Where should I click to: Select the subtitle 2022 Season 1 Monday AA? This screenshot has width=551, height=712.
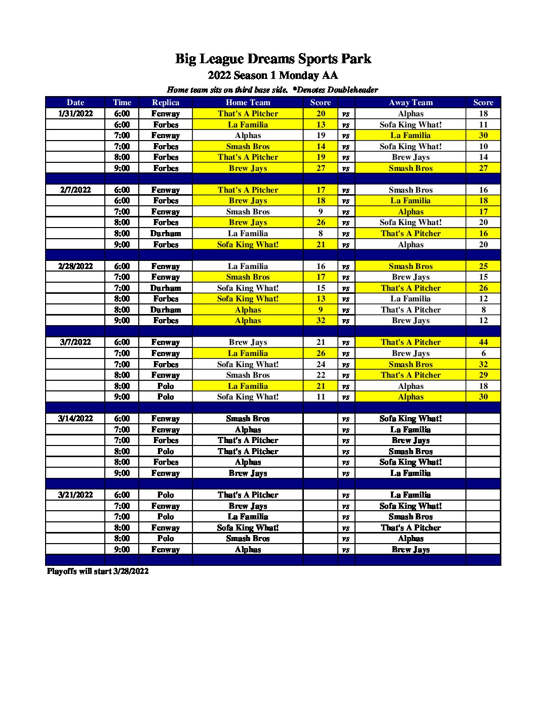(x=272, y=75)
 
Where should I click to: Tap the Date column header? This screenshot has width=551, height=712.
(x=75, y=103)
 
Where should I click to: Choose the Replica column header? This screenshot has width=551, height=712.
(x=166, y=103)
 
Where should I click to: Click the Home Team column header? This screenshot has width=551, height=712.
(x=248, y=103)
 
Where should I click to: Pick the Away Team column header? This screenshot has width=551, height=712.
(x=410, y=103)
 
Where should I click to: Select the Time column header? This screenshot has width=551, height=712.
(x=122, y=103)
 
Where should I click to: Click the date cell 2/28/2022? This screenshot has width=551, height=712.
(x=75, y=266)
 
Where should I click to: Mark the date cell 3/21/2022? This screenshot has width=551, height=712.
(x=75, y=495)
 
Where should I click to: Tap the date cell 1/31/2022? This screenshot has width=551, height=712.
(x=75, y=114)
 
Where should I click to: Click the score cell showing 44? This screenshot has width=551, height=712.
(x=483, y=342)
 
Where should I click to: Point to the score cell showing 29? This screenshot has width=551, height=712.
(x=483, y=375)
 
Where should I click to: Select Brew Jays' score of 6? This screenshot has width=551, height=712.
(x=483, y=353)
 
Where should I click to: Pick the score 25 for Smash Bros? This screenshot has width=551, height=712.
(x=483, y=266)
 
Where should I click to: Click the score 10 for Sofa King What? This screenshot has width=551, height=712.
(x=483, y=147)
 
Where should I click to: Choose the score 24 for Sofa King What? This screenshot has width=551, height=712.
(x=321, y=364)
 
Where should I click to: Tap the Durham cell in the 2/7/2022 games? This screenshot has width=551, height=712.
(x=166, y=234)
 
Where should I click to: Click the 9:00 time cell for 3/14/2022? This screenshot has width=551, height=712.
(x=122, y=473)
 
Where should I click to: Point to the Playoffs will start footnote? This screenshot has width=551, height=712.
(x=98, y=571)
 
